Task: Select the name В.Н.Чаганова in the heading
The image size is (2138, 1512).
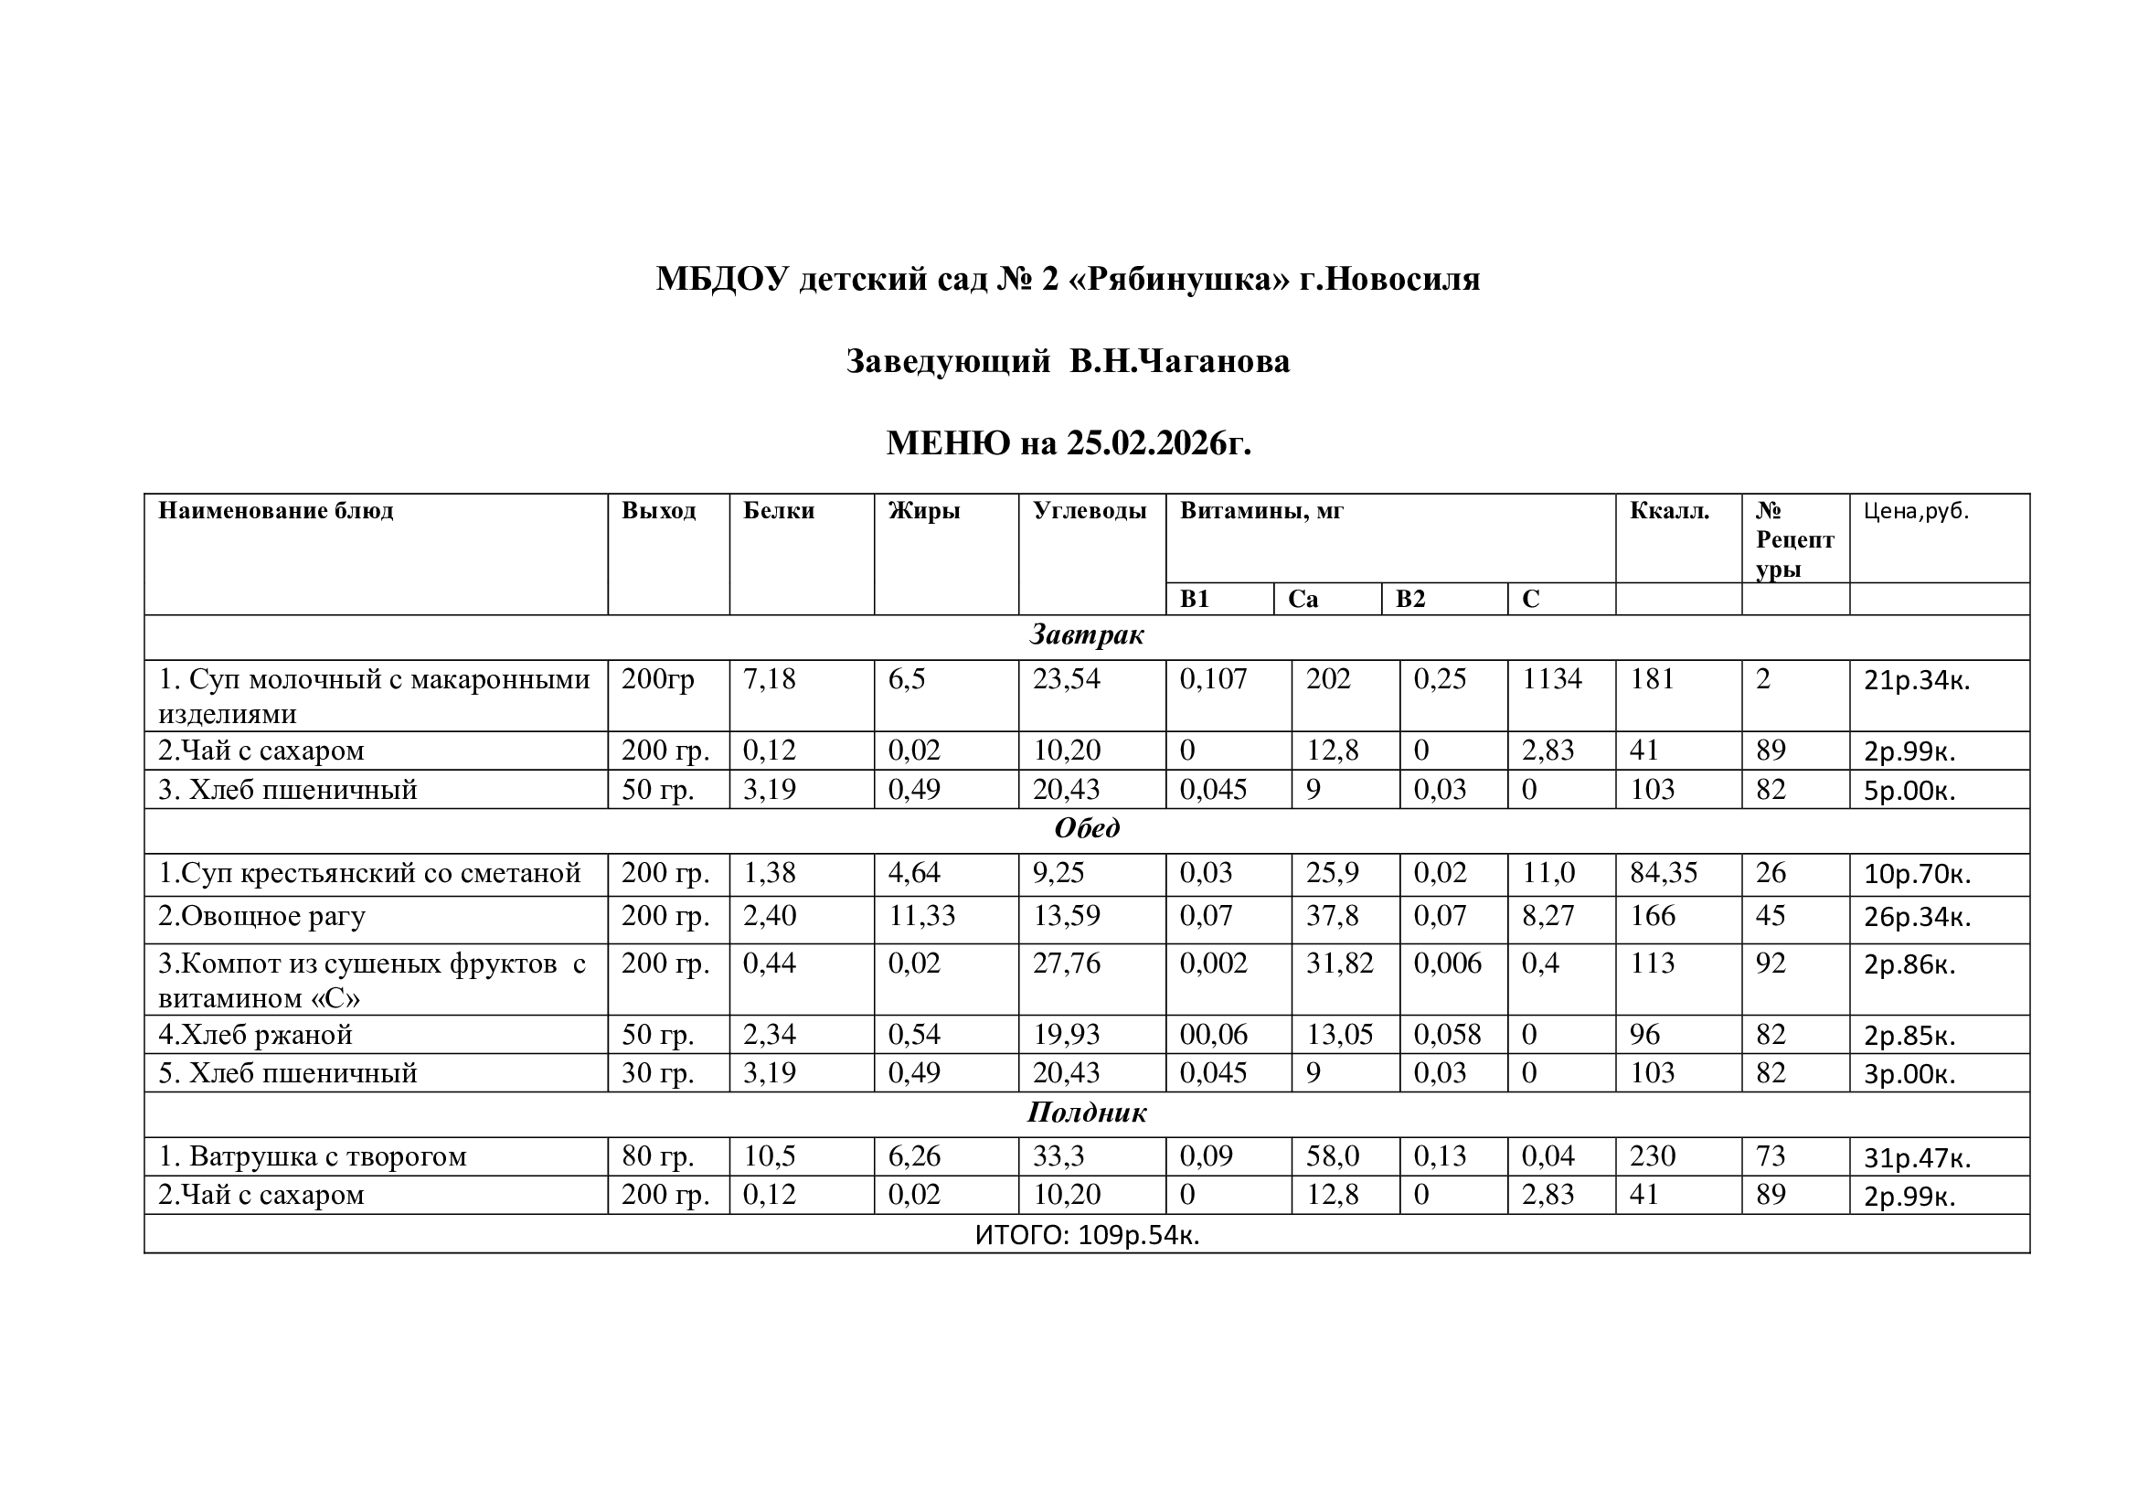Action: pyautogui.click(x=1179, y=361)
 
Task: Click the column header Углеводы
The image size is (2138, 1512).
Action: pyautogui.click(x=1089, y=510)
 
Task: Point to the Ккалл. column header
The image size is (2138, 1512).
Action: pyautogui.click(x=1669, y=510)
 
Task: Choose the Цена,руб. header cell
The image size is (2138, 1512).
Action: pyautogui.click(x=1916, y=510)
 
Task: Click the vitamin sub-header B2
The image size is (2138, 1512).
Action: pyautogui.click(x=1409, y=599)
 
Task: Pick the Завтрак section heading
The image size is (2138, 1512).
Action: pyautogui.click(x=1086, y=635)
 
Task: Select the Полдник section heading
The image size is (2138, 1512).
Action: pyautogui.click(x=1086, y=1113)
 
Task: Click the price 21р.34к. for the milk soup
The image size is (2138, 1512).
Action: pyautogui.click(x=1917, y=681)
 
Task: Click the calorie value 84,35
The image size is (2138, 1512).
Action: pyautogui.click(x=1663, y=872)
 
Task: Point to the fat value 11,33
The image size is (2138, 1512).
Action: pyautogui.click(x=921, y=916)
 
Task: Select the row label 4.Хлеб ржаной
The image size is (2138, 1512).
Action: pyautogui.click(x=255, y=1035)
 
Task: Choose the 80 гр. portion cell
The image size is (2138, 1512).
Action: pyautogui.click(x=657, y=1156)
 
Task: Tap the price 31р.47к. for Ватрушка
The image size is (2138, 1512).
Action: pyautogui.click(x=1917, y=1158)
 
